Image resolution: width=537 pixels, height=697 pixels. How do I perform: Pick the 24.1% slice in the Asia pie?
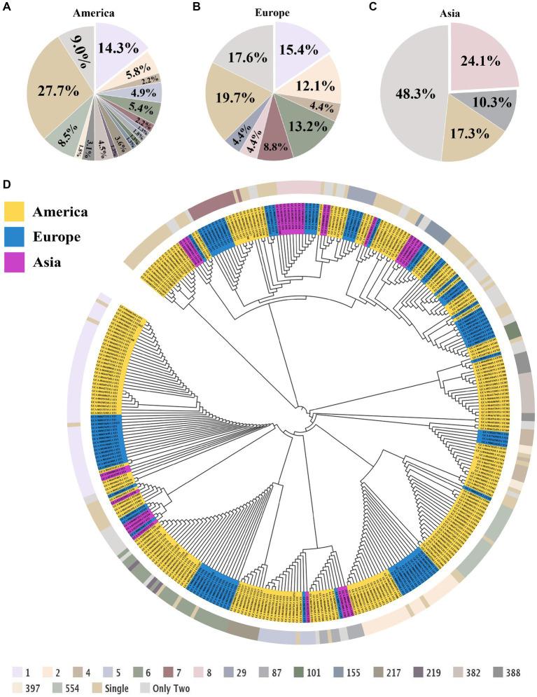(481, 60)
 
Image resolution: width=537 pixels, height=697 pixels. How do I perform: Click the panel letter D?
(6, 186)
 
